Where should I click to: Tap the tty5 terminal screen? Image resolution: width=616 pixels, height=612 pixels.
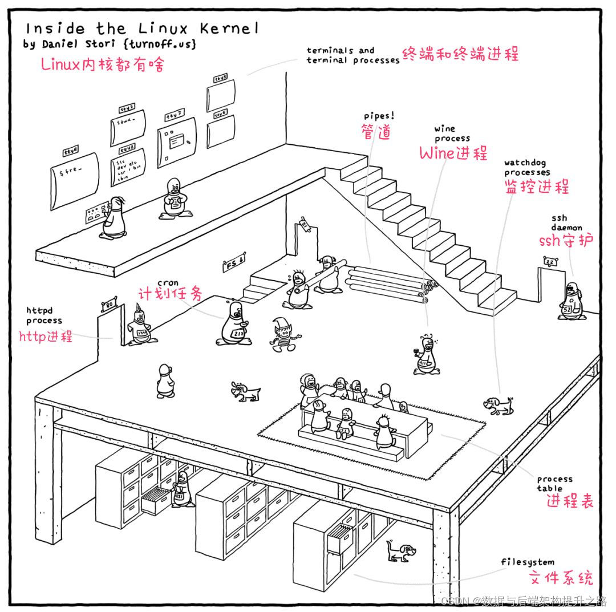pyautogui.click(x=221, y=94)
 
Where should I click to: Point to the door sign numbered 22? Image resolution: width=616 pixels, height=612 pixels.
pyautogui.click(x=550, y=261)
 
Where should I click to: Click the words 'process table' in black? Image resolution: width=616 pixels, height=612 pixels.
pyautogui.click(x=554, y=483)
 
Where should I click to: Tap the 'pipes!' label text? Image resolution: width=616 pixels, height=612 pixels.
pyautogui.click(x=379, y=116)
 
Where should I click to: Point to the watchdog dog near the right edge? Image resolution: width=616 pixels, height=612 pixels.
pyautogui.click(x=499, y=406)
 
